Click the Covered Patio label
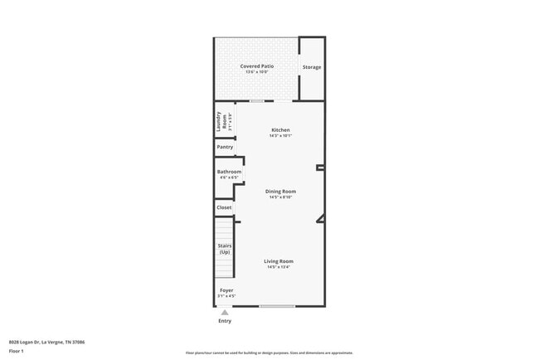pos(256,66)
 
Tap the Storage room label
pos(311,67)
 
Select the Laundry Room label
pos(219,121)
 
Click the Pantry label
pos(225,147)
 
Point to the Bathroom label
pos(229,172)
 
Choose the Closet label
pos(224,207)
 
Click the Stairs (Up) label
pos(225,249)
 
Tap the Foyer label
pos(226,290)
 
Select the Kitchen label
pos(280,129)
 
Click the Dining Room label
pos(280,191)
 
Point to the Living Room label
pos(279,261)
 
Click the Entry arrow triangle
pos(224,312)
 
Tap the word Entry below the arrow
pos(225,321)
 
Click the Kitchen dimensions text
pos(280,136)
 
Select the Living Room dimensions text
pos(279,267)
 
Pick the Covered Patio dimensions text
pos(256,72)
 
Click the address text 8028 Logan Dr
pos(46,342)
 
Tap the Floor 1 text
pos(17,351)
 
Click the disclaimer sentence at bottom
pos(269,353)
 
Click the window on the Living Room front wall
pos(276,306)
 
